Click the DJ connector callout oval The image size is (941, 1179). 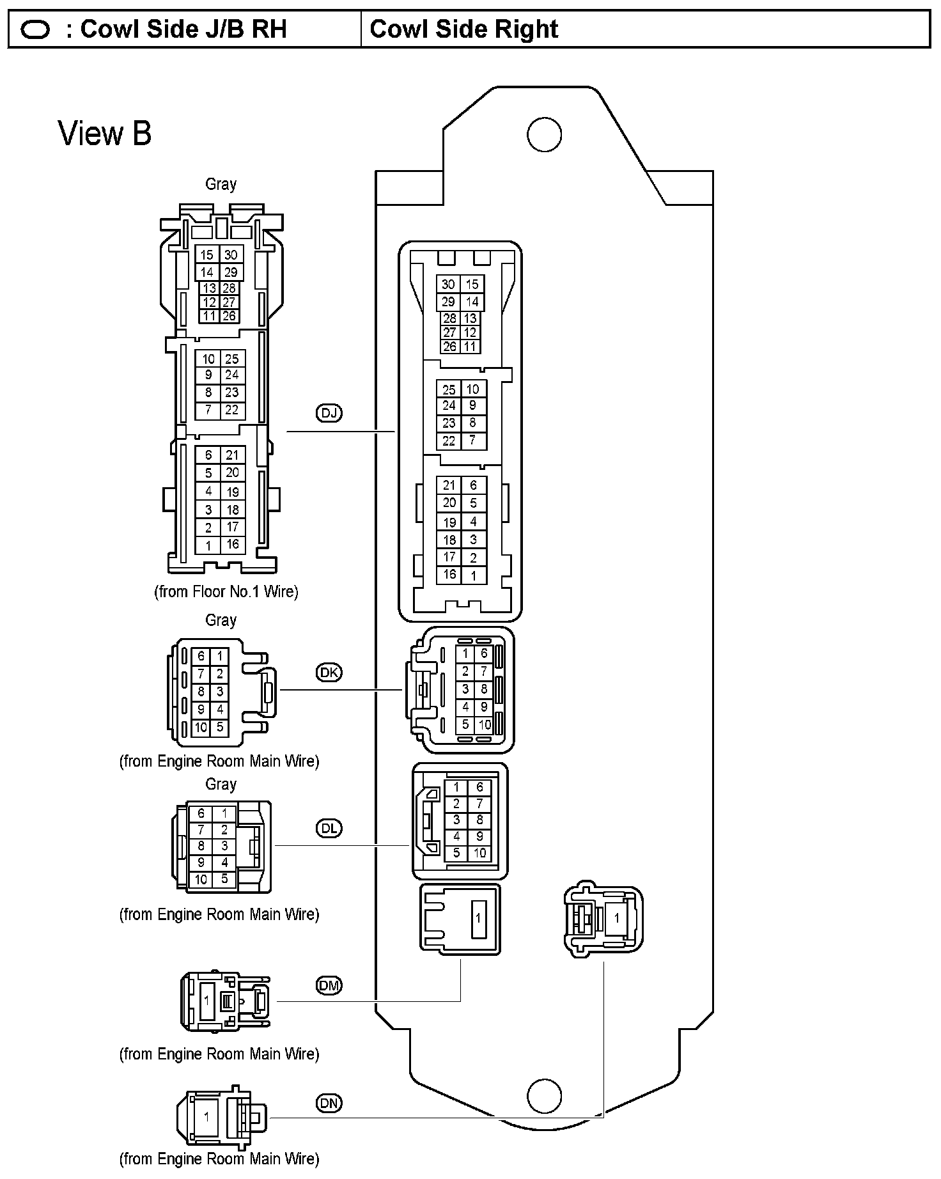329,413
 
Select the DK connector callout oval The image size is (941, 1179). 329,672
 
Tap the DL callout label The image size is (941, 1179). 329,828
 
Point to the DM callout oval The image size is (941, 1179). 329,985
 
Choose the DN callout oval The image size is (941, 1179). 329,1103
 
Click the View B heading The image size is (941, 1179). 105,134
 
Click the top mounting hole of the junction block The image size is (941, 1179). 544,135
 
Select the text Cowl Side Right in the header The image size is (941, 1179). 464,29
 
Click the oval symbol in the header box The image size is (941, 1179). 35,30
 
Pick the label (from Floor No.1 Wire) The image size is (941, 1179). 226,591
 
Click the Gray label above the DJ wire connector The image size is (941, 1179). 221,184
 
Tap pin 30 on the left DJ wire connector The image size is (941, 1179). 231,254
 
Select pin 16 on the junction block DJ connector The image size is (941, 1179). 449,574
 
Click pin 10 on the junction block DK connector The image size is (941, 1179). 485,725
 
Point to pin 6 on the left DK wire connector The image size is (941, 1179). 201,656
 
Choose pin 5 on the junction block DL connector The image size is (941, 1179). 456,852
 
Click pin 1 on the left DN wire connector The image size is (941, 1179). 206,1117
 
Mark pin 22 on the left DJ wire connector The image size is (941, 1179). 231,410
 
